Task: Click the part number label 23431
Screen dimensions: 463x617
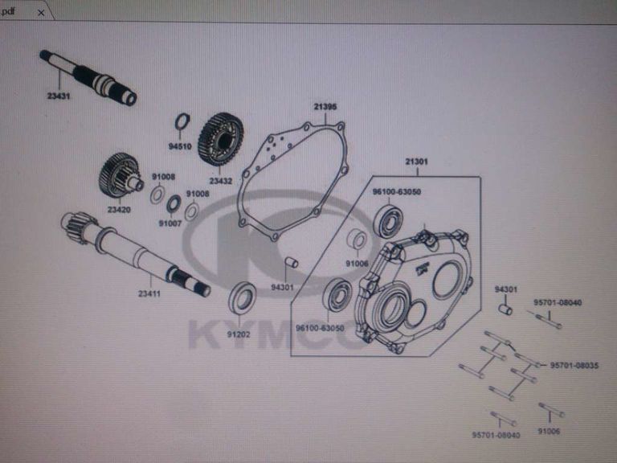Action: pyautogui.click(x=59, y=95)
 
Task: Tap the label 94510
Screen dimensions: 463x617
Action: pyautogui.click(x=180, y=147)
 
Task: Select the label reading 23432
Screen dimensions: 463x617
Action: pyautogui.click(x=220, y=181)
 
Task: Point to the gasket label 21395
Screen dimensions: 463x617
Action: pyautogui.click(x=325, y=108)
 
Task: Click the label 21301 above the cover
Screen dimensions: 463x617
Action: pyautogui.click(x=416, y=162)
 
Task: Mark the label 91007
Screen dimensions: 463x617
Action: pyautogui.click(x=170, y=223)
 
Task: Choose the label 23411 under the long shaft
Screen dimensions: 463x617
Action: pyautogui.click(x=149, y=293)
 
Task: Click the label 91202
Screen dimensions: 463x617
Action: pyautogui.click(x=238, y=334)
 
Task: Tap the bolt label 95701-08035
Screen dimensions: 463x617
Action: pyautogui.click(x=574, y=365)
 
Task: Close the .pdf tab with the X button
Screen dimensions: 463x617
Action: pyautogui.click(x=41, y=13)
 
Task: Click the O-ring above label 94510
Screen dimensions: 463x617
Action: pyautogui.click(x=182, y=122)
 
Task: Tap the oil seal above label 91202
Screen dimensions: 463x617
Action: pyautogui.click(x=242, y=299)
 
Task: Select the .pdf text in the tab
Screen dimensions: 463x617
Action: pyautogui.click(x=8, y=11)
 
